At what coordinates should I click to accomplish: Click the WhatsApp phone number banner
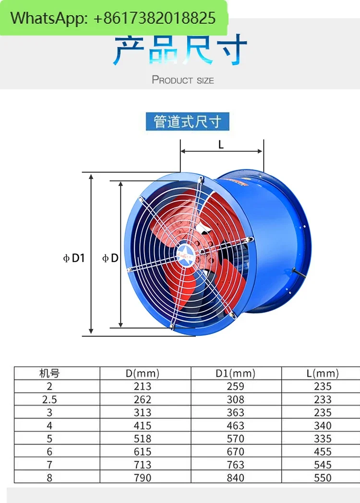click(114, 18)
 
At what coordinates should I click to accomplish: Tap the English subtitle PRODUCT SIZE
click(183, 80)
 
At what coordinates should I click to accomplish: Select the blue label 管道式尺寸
click(187, 121)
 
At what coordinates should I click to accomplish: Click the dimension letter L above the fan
click(221, 145)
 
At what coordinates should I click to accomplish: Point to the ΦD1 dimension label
click(74, 258)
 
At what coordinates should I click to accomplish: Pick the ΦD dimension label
click(110, 258)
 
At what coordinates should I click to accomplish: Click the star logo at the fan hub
click(184, 255)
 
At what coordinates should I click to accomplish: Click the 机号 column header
click(49, 373)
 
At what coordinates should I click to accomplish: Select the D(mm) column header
click(143, 373)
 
